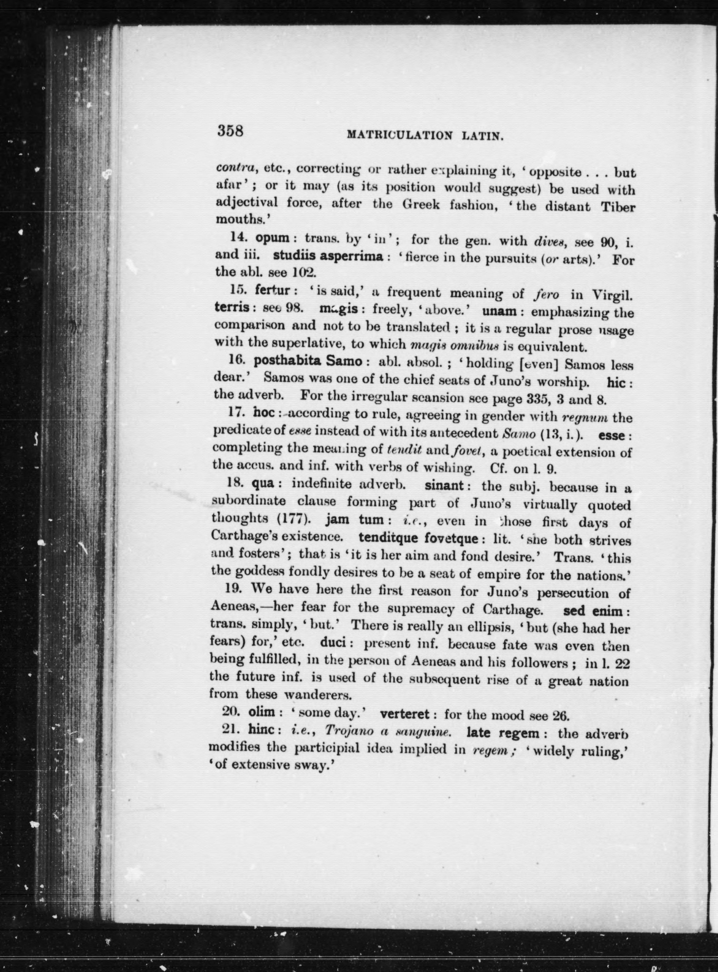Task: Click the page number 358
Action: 231,131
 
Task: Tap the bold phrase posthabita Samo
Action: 307,361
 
